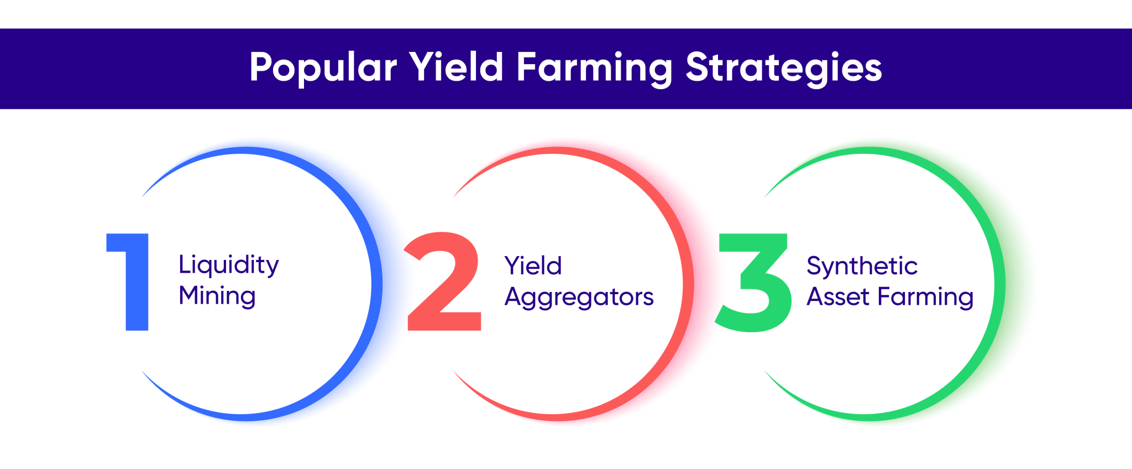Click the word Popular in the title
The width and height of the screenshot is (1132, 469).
pos(323,68)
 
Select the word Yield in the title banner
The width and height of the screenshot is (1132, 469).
pos(456,67)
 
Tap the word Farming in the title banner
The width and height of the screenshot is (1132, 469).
pos(594,68)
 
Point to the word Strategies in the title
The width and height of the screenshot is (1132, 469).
pos(783,68)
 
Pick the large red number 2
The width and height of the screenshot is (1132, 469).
pos(443,282)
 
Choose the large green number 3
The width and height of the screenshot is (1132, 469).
pos(753,282)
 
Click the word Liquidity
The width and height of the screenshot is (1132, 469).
pos(228,265)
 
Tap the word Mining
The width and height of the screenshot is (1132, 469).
pos(217,296)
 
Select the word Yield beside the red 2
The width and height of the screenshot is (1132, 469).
pos(533,266)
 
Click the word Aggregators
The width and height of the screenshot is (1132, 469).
pos(579,298)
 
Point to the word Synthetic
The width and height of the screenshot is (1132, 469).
pos(862,267)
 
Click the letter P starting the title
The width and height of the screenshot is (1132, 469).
pos(260,67)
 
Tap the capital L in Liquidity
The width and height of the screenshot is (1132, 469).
pos(184,264)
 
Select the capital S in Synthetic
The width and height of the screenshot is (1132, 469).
pos(814,266)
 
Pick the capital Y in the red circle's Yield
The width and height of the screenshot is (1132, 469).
pos(513,265)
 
